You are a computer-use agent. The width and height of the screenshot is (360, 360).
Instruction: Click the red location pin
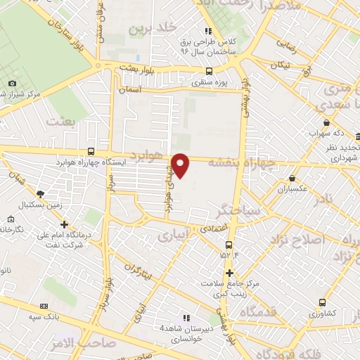[181, 165]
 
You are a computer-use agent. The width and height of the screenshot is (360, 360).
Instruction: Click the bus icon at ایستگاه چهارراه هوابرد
[91, 151]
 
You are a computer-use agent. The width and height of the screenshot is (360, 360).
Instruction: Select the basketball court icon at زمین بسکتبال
[40, 193]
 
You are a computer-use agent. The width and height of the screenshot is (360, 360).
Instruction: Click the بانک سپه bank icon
[44, 307]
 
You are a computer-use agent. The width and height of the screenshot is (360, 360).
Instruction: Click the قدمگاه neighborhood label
[256, 311]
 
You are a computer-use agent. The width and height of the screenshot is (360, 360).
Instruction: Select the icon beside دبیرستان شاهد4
[186, 318]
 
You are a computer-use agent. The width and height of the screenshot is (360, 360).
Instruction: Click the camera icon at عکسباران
[283, 179]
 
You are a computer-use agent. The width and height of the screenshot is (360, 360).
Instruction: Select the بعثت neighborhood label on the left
[59, 121]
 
